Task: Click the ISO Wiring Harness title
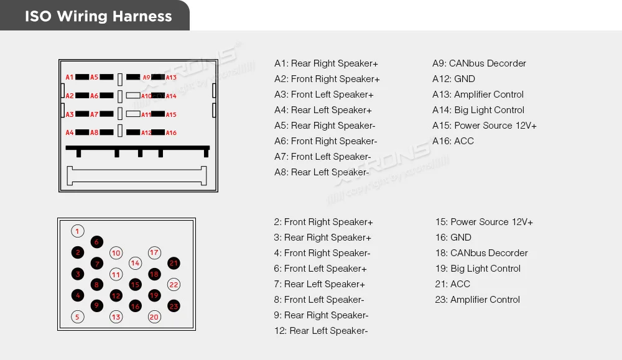(x=98, y=16)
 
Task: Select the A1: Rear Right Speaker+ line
(x=326, y=63)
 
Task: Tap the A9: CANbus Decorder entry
(x=479, y=63)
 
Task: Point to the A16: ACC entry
(x=453, y=141)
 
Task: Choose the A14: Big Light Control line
(x=478, y=110)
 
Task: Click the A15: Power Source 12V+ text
(x=485, y=126)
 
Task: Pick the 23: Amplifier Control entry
(x=477, y=300)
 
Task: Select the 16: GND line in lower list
(x=453, y=238)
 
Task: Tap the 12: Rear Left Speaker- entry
(x=321, y=331)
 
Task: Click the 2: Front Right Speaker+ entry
(x=323, y=222)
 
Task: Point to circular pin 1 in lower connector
(x=77, y=231)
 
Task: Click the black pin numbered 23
(x=174, y=306)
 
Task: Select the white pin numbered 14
(x=135, y=263)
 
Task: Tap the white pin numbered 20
(x=154, y=316)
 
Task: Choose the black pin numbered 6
(x=96, y=242)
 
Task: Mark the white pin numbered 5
(x=77, y=316)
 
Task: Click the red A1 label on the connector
(x=70, y=77)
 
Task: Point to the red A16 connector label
(x=171, y=132)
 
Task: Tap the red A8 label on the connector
(x=95, y=132)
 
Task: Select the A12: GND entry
(x=453, y=79)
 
